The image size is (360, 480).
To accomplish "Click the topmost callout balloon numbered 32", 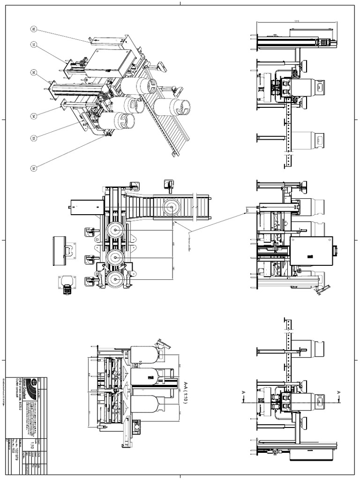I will (x=34, y=29).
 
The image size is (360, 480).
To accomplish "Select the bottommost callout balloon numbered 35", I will (x=34, y=168).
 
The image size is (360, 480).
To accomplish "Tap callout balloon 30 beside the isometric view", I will (x=34, y=73).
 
